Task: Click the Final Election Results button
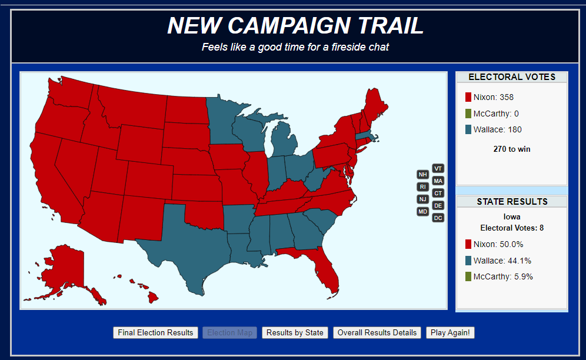pyautogui.click(x=155, y=332)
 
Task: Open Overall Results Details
pyautogui.click(x=377, y=332)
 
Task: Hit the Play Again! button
pyautogui.click(x=450, y=332)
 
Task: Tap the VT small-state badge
pyautogui.click(x=438, y=168)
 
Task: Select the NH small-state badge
pyautogui.click(x=422, y=175)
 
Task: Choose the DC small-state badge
pyautogui.click(x=438, y=218)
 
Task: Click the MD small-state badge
pyautogui.click(x=422, y=211)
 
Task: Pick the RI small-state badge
pyautogui.click(x=422, y=186)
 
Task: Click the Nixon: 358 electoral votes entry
pyautogui.click(x=489, y=97)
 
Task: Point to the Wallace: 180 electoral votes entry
pyautogui.click(x=493, y=129)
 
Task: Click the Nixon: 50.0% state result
pyautogui.click(x=494, y=244)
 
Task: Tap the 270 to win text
pyautogui.click(x=511, y=149)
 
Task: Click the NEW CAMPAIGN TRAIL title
pyautogui.click(x=295, y=26)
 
